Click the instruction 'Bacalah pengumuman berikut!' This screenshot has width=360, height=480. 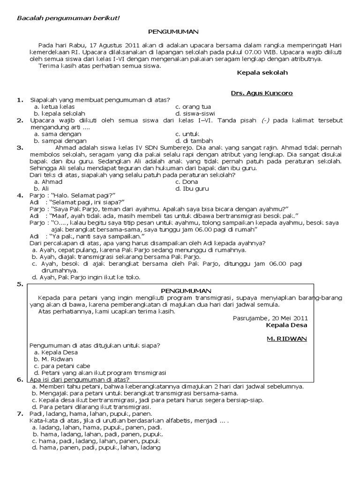click(x=68, y=18)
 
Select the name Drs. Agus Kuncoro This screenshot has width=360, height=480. click(x=262, y=93)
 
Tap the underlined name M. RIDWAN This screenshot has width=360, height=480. click(x=286, y=338)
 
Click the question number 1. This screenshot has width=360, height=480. click(x=20, y=100)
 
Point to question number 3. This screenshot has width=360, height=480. click(x=20, y=148)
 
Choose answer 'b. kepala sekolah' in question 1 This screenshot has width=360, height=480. click(x=60, y=113)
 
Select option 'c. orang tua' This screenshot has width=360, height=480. click(x=193, y=107)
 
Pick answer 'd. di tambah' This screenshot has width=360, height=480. click(x=194, y=141)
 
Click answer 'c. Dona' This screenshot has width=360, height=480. click(x=187, y=182)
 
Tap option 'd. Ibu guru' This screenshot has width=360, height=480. click(x=192, y=188)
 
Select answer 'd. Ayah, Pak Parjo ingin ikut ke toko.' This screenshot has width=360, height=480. click(x=86, y=277)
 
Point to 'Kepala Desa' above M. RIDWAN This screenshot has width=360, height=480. click(x=286, y=324)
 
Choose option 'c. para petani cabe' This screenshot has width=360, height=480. click(x=62, y=366)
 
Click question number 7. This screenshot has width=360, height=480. click(x=20, y=414)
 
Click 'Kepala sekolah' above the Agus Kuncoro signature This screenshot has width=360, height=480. click(x=262, y=73)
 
